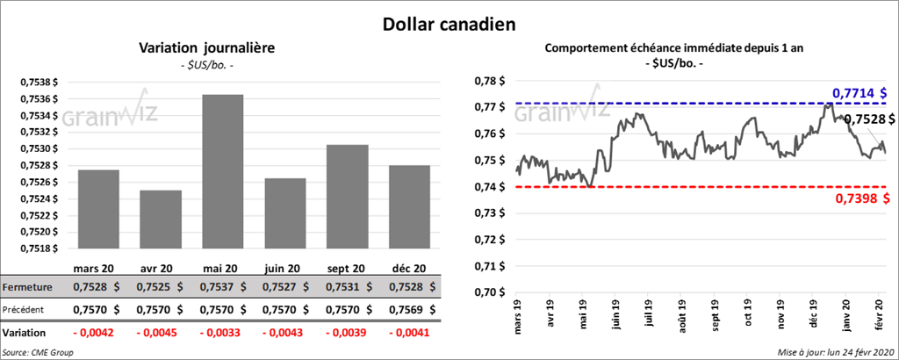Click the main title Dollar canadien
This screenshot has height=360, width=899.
click(449, 21)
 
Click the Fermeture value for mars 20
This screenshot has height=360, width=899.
click(97, 287)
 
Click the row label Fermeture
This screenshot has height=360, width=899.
click(28, 287)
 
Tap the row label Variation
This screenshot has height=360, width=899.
click(25, 334)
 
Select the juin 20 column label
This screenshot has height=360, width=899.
click(284, 268)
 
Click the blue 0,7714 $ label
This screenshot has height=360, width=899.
click(859, 92)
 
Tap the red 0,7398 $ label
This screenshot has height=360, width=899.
click(860, 200)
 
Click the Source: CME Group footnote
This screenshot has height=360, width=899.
click(37, 352)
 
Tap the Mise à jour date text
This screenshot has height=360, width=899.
click(835, 352)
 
